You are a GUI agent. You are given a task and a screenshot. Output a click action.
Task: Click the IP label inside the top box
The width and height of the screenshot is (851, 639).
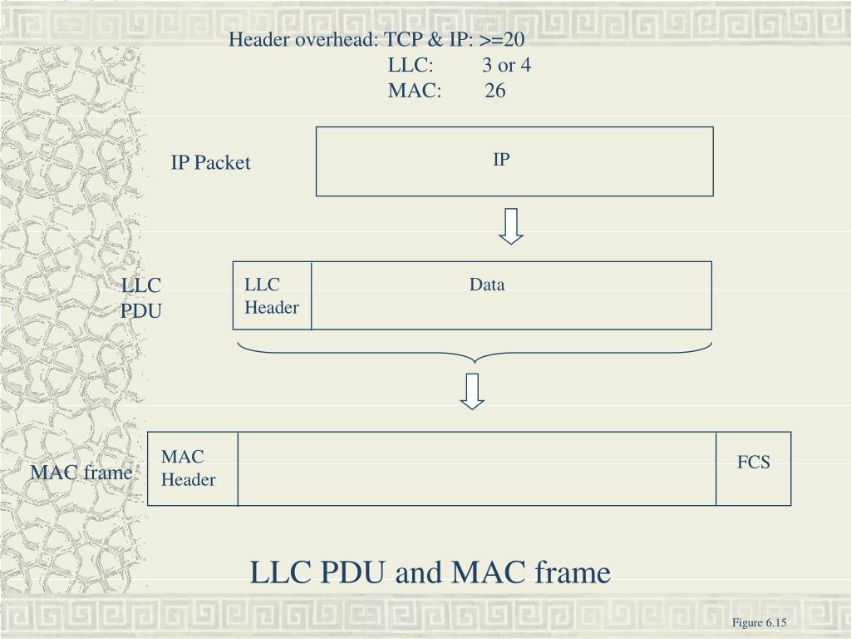coord(500,159)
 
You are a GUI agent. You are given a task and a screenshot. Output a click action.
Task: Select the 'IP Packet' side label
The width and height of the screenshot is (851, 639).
coord(210,163)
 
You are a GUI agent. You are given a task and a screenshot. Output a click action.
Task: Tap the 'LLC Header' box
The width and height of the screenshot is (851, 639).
coord(272,296)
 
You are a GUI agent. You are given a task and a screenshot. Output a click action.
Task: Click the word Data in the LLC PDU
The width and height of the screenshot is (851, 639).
coord(487,285)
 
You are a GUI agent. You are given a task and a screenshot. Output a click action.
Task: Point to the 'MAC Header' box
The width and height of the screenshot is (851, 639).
coord(192,468)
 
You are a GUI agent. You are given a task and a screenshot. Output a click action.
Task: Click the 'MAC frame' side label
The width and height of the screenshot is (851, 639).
coord(81,473)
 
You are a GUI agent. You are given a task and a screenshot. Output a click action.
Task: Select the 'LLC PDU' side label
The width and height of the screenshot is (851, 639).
coord(141,299)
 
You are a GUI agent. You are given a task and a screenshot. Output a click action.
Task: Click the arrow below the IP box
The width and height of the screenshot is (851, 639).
coord(511,226)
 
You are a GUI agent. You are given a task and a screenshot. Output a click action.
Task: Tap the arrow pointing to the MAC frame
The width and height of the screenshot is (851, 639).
coord(473,392)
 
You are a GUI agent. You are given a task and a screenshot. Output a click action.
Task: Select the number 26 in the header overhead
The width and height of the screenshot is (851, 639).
coord(495,92)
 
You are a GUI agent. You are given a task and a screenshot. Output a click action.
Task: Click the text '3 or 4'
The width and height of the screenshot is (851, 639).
coord(507,66)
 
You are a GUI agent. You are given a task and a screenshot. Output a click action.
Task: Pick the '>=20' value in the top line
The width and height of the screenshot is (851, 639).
coord(502,39)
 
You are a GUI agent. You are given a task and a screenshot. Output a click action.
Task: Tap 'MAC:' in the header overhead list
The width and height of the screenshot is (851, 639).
coord(414,92)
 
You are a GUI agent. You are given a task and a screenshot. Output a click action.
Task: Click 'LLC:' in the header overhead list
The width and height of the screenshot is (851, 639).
coord(411,66)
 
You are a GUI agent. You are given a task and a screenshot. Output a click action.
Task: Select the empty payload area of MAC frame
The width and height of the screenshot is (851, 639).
coord(477,468)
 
